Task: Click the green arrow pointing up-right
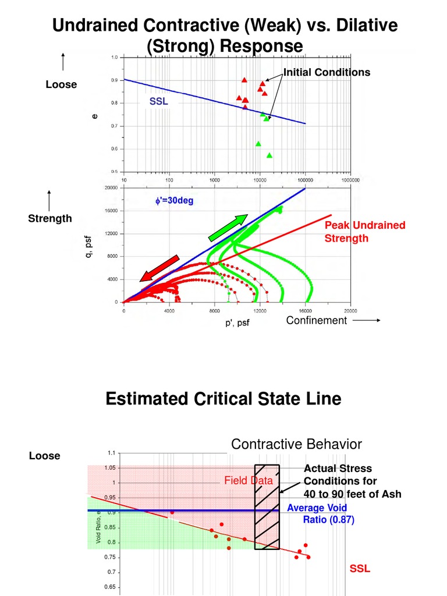click(x=228, y=228)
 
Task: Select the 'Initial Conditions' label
click(x=327, y=73)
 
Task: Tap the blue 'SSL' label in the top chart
click(x=158, y=102)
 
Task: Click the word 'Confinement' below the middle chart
click(x=316, y=321)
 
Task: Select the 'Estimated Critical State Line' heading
click(x=223, y=399)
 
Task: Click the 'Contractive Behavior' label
click(x=296, y=445)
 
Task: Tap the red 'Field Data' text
click(x=249, y=481)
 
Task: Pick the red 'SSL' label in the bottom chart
click(x=360, y=568)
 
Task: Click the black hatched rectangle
click(x=267, y=506)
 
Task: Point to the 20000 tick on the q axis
click(x=111, y=189)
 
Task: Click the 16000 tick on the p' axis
click(x=306, y=311)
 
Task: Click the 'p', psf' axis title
click(x=237, y=323)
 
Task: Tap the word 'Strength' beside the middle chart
click(x=50, y=218)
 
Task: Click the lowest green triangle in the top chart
click(x=269, y=155)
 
